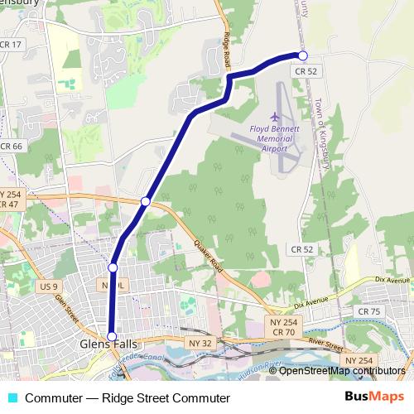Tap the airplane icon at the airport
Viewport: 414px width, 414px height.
click(x=275, y=115)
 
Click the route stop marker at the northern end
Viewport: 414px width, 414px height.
click(x=302, y=55)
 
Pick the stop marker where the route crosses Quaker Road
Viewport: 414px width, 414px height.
click(x=146, y=201)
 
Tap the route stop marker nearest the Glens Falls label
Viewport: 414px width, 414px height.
click(x=112, y=336)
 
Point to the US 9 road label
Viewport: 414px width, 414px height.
click(x=50, y=286)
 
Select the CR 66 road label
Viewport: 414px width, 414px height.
click(x=12, y=147)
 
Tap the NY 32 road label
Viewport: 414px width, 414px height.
click(x=200, y=341)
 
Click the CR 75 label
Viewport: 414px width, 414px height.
click(x=368, y=310)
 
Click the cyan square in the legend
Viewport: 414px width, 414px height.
click(x=12, y=398)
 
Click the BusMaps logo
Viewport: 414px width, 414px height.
click(x=375, y=397)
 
